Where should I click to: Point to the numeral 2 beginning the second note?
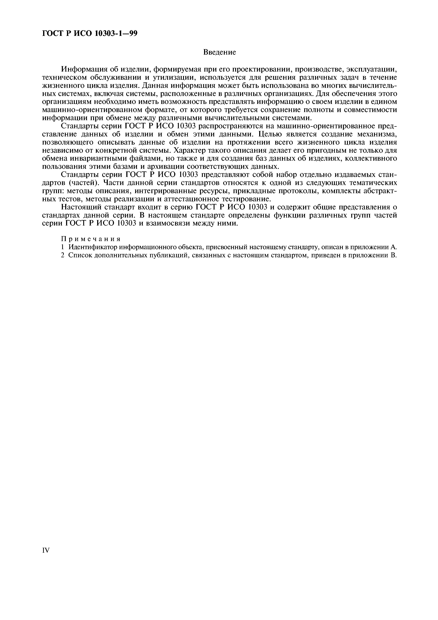click(x=63, y=255)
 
